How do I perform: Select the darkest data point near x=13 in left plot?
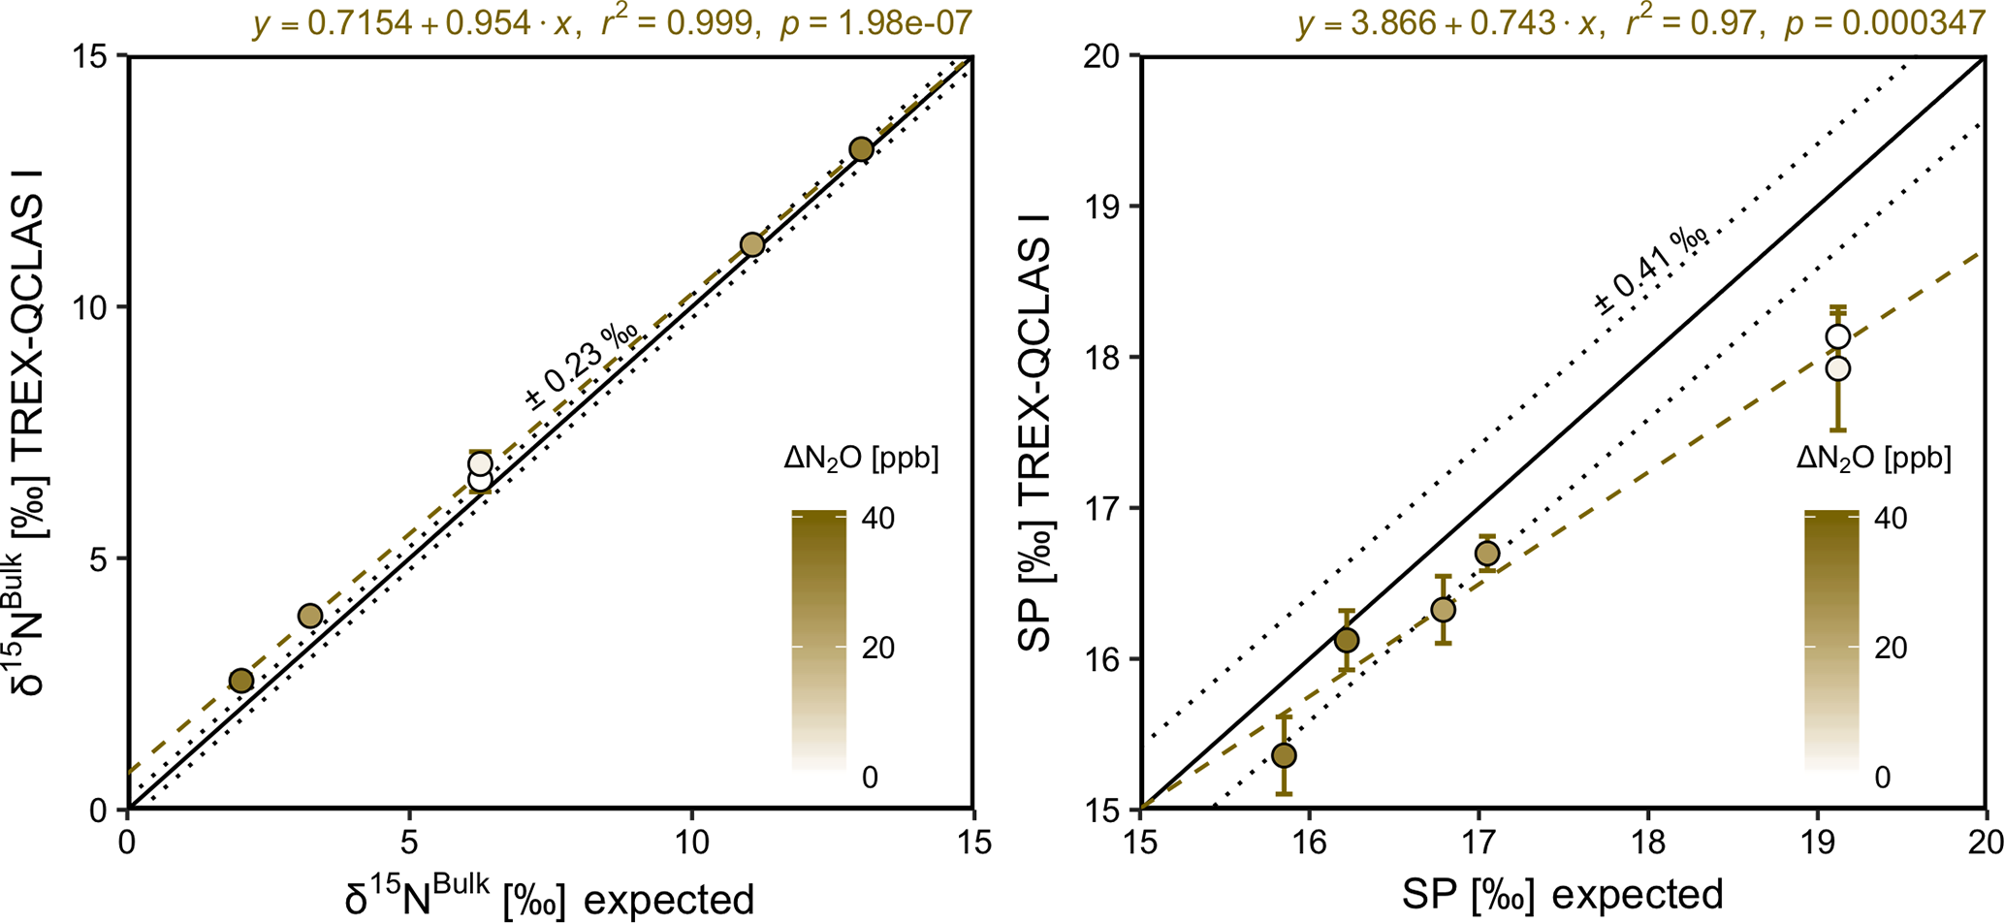click(x=861, y=149)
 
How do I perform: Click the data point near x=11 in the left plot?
click(x=752, y=244)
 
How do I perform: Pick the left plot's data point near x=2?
click(x=241, y=681)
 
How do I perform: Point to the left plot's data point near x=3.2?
click(x=310, y=616)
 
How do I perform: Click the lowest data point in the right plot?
click(x=1285, y=755)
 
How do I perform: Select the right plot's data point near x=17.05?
click(x=1487, y=554)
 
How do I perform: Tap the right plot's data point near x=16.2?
click(x=1347, y=640)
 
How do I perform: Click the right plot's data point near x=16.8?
click(x=1443, y=610)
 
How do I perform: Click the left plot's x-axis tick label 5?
click(x=409, y=842)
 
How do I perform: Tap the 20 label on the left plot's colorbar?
click(x=878, y=648)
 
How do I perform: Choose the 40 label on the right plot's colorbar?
click(x=1891, y=519)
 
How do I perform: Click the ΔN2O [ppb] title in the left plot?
click(x=861, y=459)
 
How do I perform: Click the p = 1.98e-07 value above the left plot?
click(x=875, y=22)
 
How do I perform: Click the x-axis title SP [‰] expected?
click(x=1562, y=894)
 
